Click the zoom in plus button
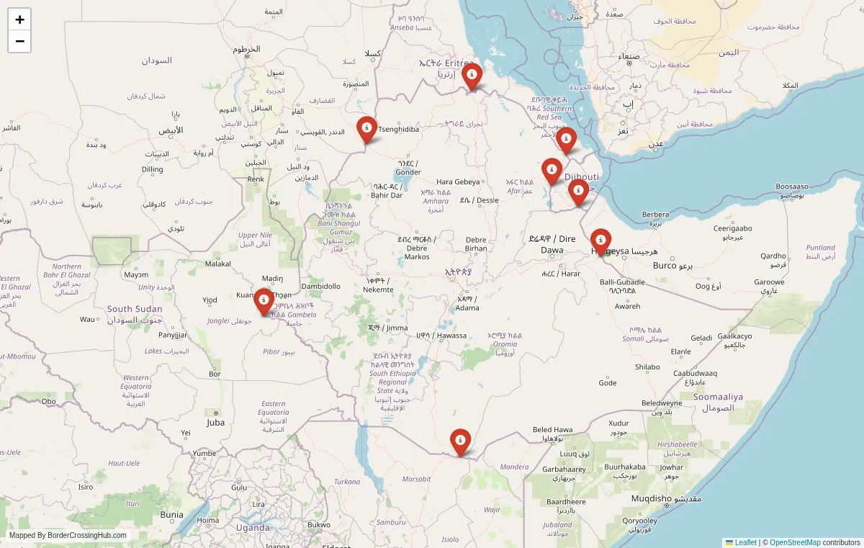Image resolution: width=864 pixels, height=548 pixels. pos(19,19)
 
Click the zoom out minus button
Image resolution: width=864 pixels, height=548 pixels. pos(19,41)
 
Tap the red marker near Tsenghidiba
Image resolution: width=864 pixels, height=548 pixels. pos(366,129)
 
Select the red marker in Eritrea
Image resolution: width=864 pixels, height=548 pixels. pos(472,75)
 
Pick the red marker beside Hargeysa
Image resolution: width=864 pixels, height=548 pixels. pos(600,241)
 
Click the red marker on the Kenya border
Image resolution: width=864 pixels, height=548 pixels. pos(460,441)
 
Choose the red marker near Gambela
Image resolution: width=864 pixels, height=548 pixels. pos(264,300)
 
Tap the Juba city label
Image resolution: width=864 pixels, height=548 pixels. pos(215,423)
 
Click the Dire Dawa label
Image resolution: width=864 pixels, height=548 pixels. pos(552,244)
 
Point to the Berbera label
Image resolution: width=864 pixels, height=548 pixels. pos(655,215)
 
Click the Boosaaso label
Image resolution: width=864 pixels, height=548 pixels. pos(792,187)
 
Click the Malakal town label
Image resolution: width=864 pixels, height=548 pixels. pos(218,264)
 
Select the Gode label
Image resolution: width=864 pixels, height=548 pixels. pos(608,382)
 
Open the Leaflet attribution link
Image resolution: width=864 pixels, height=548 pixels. pos(745,542)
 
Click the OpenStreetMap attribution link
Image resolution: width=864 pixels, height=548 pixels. pos(795,542)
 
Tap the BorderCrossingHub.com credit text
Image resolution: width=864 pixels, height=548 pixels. pos(68,535)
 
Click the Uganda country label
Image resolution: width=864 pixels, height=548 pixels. pos(253,527)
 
